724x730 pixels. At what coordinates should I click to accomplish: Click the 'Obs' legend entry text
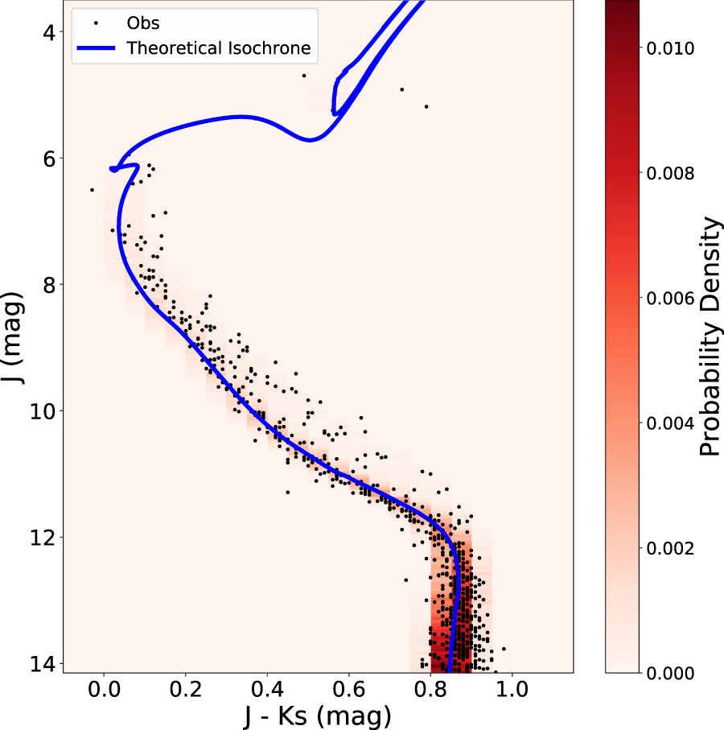[x=143, y=23]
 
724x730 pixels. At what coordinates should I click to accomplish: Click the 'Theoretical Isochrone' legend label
[x=218, y=48]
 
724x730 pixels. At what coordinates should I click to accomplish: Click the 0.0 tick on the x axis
[x=104, y=690]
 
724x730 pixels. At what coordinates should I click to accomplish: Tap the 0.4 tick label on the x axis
[x=267, y=690]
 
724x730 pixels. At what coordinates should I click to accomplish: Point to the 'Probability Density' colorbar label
[x=709, y=336]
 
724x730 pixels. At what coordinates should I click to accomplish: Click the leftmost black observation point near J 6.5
[x=92, y=190]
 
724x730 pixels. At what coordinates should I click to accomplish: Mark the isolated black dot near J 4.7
[x=304, y=76]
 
